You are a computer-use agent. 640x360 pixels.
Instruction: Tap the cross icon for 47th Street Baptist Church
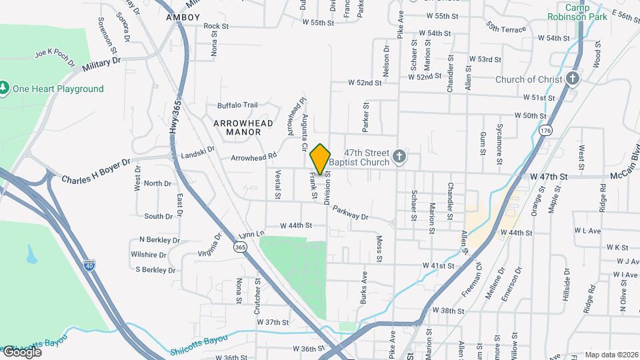(x=399, y=157)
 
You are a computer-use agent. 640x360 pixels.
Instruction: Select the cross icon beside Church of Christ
(x=573, y=79)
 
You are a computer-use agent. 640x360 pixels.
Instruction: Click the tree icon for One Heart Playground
(x=5, y=89)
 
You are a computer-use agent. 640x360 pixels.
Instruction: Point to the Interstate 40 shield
(x=89, y=265)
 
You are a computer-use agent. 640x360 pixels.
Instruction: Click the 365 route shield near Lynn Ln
(x=239, y=247)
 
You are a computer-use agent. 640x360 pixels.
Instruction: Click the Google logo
(x=21, y=351)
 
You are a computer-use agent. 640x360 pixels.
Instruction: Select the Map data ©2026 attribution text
(x=611, y=355)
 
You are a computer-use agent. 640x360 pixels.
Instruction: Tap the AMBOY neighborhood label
(x=183, y=17)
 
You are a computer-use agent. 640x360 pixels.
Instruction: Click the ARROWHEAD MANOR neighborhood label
(x=237, y=127)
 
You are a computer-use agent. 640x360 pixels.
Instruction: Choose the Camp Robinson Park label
(x=577, y=12)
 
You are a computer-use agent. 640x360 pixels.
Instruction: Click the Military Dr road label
(x=101, y=64)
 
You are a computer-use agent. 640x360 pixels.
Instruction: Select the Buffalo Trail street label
(x=237, y=105)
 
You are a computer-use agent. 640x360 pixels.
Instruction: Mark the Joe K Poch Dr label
(x=55, y=56)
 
